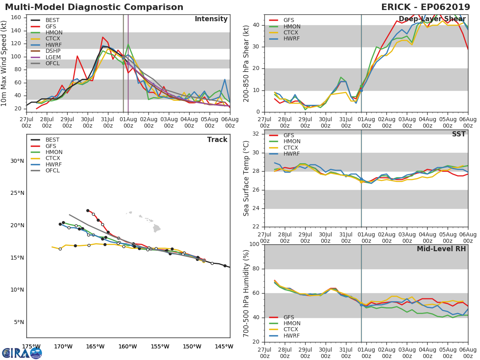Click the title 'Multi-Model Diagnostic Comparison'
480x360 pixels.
pos(94,7)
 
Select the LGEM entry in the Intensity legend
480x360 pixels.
pos(53,57)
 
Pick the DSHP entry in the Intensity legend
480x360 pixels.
pos(53,51)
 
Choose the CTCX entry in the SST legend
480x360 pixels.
pos(292,148)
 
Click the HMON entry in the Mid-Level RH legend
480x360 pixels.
pos(292,324)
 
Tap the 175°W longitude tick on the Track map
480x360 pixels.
pos(31,347)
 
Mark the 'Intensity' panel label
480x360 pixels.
pos(211,19)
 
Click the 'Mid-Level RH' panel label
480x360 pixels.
pos(441,249)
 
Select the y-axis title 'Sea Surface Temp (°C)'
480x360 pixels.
pos(247,178)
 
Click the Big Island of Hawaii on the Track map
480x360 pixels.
pos(156,228)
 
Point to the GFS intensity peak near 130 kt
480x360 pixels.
pos(103,37)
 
